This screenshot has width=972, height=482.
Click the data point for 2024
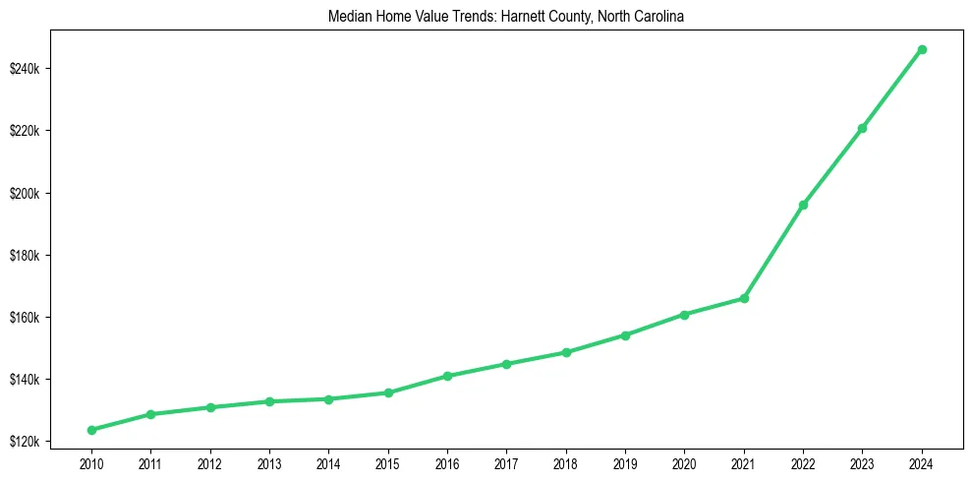point(921,49)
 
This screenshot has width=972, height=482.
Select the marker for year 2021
point(744,298)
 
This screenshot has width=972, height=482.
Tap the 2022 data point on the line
point(803,205)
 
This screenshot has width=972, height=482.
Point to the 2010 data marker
point(91,430)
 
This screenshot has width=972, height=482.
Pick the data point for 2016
point(447,376)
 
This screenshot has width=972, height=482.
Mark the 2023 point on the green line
point(862,128)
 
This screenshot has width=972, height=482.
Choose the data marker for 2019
point(625,335)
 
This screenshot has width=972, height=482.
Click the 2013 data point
point(269,401)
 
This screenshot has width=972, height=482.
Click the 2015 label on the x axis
point(387,463)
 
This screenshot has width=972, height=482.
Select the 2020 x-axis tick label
point(684,463)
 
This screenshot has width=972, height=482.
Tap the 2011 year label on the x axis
point(150,463)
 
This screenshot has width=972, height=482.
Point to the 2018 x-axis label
point(565,463)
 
